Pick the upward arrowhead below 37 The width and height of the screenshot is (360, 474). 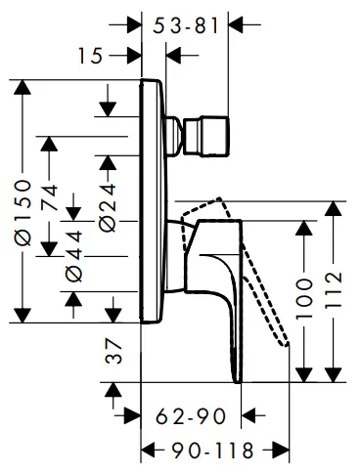(115, 393)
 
